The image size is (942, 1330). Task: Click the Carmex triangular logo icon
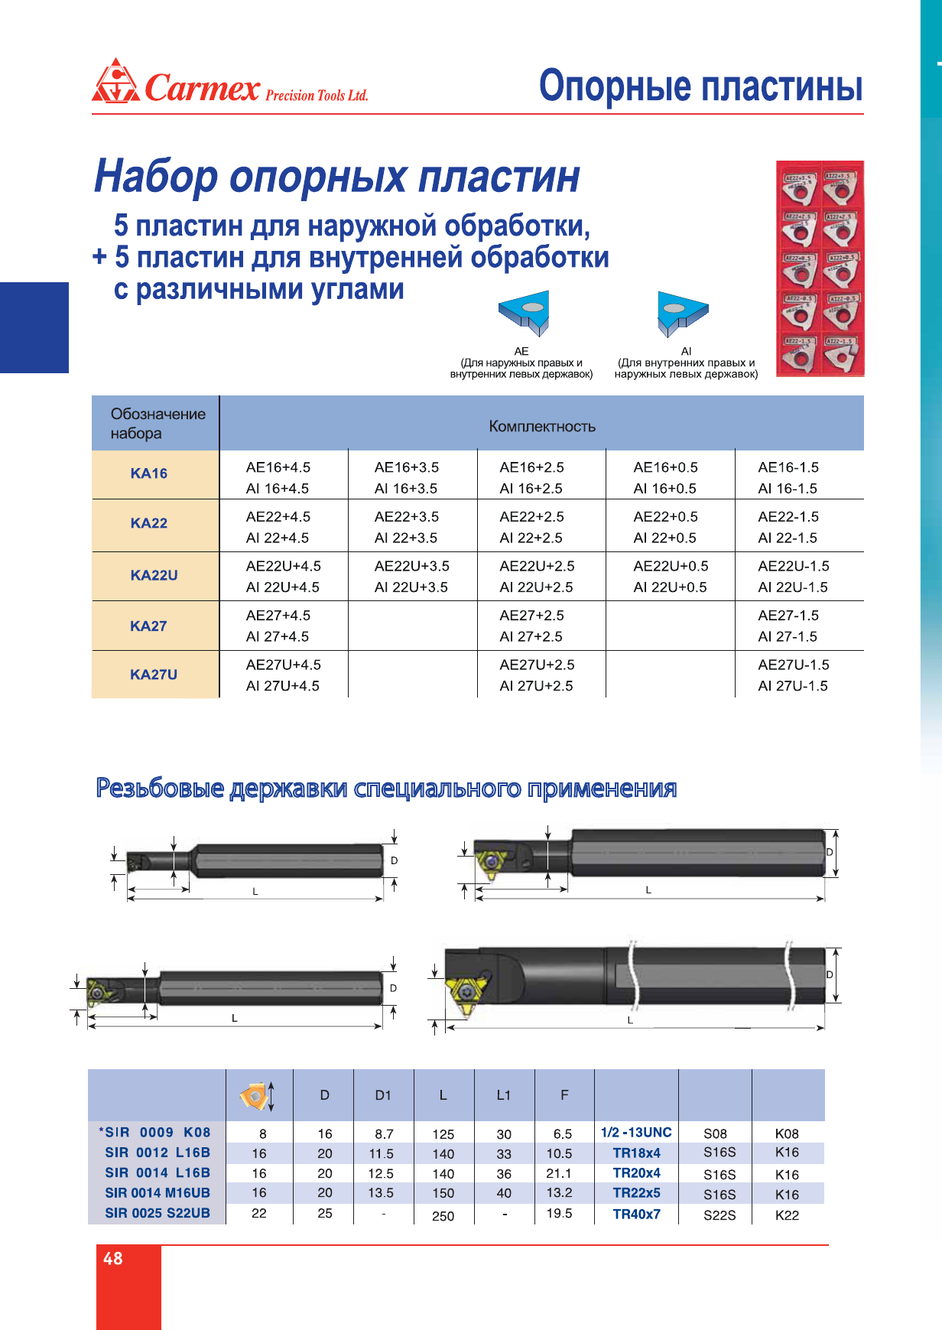[115, 81]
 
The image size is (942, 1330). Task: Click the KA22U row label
[154, 575]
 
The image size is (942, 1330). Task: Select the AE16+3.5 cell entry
[406, 467]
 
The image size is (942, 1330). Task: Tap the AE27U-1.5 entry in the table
[793, 665]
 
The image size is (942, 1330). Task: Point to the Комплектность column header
[541, 426]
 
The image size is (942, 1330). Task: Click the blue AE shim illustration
[525, 312]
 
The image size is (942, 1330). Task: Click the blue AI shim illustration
[681, 312]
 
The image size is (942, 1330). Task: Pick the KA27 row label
[148, 626]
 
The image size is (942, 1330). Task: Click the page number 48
[113, 1259]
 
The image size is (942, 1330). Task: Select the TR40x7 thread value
[636, 1214]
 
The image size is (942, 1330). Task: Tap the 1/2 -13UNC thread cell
[636, 1133]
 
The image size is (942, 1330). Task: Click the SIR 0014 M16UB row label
[157, 1192]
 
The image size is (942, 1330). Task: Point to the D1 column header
[383, 1095]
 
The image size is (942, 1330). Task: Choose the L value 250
[443, 1215]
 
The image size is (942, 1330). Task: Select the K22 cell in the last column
[787, 1215]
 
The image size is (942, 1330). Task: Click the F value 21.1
[559, 1172]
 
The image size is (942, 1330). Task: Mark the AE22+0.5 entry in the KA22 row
[665, 517]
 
